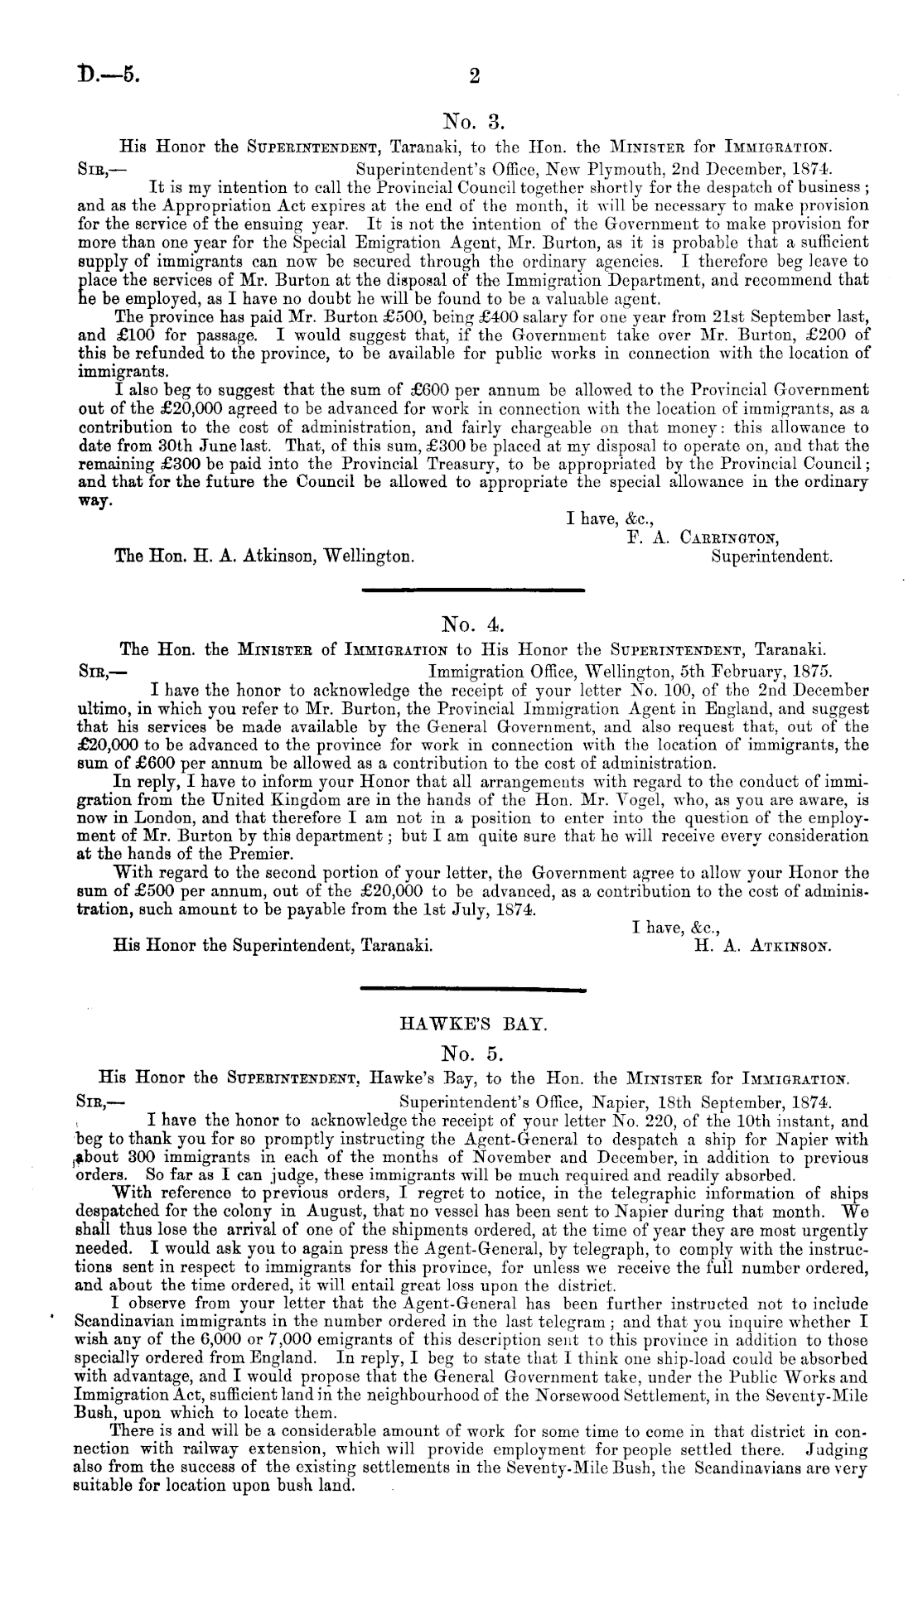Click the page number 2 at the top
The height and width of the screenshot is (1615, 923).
coord(474,77)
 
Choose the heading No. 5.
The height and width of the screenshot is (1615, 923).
coord(469,1054)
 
